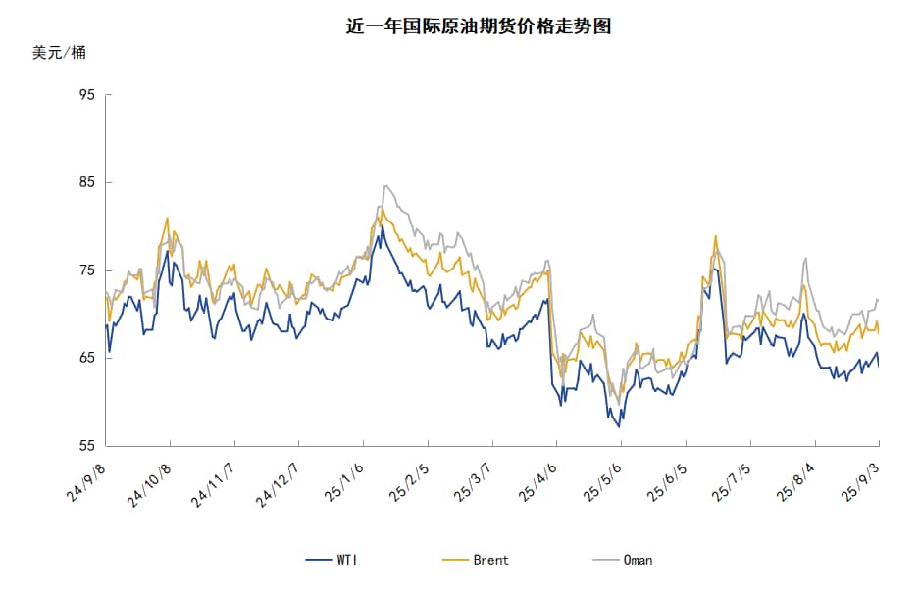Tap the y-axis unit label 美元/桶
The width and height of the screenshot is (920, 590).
59,53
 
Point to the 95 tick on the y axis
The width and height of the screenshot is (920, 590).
86,95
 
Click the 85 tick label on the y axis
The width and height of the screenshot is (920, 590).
86,182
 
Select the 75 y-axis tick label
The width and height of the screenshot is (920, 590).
86,270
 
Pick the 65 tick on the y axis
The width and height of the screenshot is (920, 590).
86,358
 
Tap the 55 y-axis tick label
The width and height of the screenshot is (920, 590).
86,446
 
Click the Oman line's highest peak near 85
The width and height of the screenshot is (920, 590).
385,185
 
